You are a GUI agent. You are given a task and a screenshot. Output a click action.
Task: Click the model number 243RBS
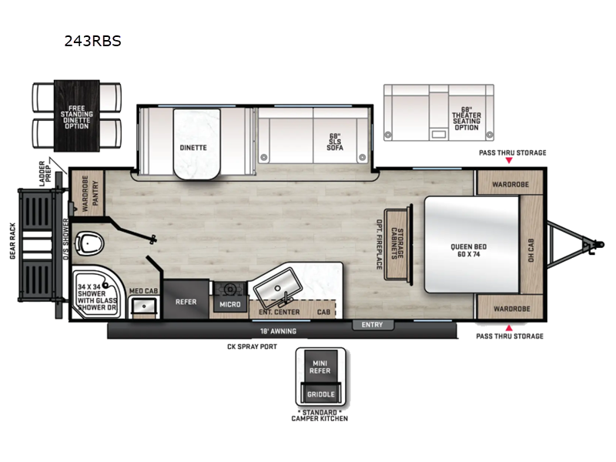[x=92, y=42]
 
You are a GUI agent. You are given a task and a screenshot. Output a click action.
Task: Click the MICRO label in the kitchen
[x=230, y=304]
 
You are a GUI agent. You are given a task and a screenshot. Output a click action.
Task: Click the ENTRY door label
[x=372, y=325]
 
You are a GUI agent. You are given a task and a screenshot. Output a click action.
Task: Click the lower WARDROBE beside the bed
[x=510, y=309]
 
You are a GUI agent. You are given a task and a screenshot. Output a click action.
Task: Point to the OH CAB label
[x=531, y=246]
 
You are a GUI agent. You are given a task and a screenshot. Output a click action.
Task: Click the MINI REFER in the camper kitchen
[x=320, y=367]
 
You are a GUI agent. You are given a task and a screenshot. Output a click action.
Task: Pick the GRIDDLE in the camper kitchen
[x=320, y=394]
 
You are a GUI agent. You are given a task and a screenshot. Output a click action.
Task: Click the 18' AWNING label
[x=278, y=331]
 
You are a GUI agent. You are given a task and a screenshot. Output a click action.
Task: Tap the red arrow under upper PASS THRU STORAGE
[x=508, y=161]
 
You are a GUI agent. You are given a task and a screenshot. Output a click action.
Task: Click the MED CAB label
[x=143, y=291]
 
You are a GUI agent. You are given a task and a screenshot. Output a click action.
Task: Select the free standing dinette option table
[x=77, y=115]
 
